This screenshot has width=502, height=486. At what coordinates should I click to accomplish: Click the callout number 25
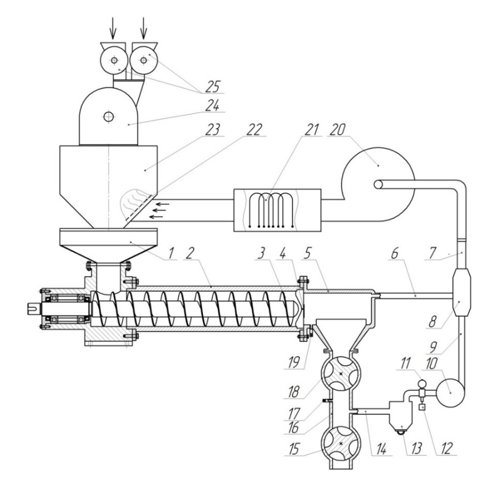click(213, 86)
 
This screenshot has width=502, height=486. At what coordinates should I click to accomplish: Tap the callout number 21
click(312, 130)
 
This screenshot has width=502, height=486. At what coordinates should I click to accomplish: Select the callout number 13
click(416, 449)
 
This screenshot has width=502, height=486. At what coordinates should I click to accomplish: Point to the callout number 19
click(294, 362)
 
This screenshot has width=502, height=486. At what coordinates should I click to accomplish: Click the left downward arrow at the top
click(112, 28)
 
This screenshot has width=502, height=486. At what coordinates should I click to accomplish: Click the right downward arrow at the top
click(144, 28)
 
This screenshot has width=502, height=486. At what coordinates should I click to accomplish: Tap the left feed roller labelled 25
click(114, 60)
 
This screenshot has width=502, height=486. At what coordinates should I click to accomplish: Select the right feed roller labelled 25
click(144, 60)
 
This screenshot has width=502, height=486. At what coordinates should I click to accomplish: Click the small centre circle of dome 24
click(109, 116)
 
